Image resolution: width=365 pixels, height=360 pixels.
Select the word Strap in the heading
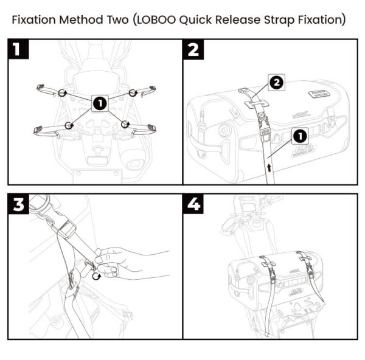click(x=271, y=19)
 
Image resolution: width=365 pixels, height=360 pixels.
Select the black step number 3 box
click(x=21, y=206)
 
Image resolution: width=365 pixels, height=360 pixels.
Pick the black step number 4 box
click(x=193, y=206)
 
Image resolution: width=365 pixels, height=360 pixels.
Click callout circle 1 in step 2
click(x=299, y=133)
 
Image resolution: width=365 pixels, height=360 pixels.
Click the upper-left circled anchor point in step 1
click(x=62, y=92)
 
